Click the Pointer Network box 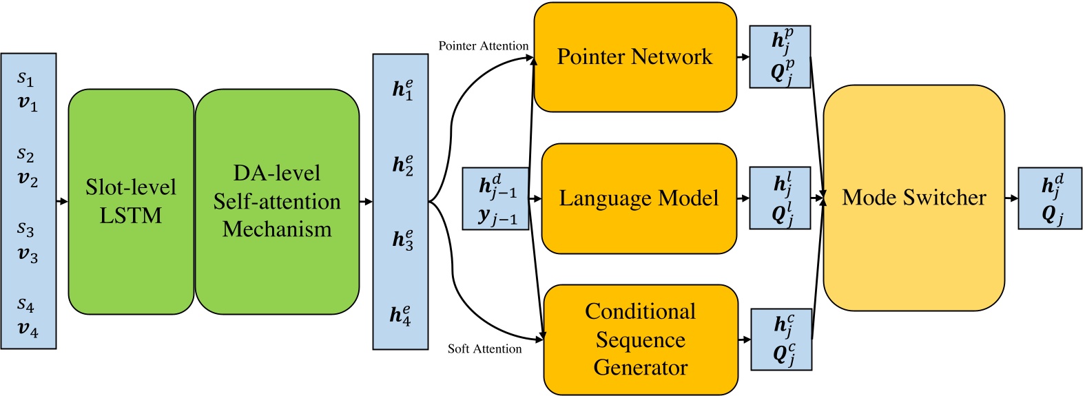(634, 57)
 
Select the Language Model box (639, 198)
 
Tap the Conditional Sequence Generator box (640, 340)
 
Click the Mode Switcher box (913, 198)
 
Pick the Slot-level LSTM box (131, 201)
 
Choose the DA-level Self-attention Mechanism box (277, 201)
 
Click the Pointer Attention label (484, 46)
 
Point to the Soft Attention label (484, 349)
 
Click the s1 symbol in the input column (25, 79)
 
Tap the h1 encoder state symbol (403, 90)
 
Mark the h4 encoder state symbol (401, 315)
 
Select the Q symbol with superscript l (781, 215)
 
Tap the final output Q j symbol (1051, 216)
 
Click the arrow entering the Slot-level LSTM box (62, 201)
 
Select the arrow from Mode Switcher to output (1011, 198)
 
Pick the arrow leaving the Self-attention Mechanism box (366, 202)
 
